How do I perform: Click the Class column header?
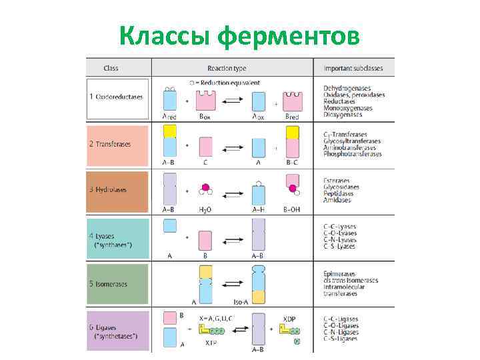(111, 68)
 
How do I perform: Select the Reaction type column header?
(227, 68)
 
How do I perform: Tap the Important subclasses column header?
(352, 68)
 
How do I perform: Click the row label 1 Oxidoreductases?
(117, 97)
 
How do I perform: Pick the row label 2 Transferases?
(111, 144)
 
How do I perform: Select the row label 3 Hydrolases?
(109, 189)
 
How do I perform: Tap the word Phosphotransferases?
(353, 154)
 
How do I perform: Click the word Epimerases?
(340, 274)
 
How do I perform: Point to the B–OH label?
(292, 209)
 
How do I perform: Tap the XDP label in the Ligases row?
(289, 319)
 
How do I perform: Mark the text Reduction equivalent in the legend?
(229, 83)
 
